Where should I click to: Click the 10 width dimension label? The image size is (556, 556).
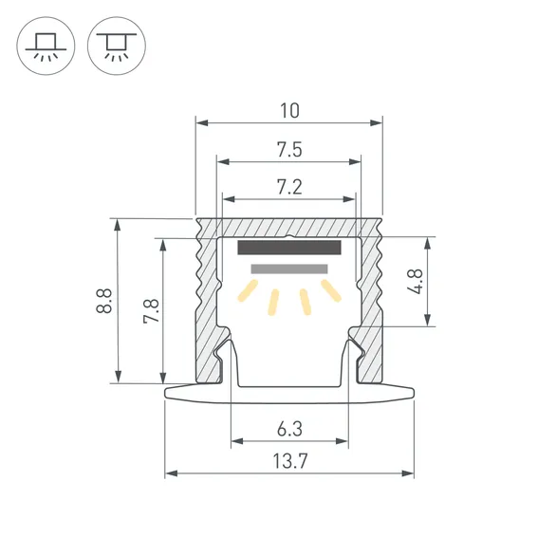(289, 110)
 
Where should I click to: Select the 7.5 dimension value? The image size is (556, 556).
(289, 150)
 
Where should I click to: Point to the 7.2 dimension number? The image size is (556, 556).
(289, 187)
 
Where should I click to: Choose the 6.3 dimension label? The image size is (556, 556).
(289, 429)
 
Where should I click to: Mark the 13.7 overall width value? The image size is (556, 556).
(289, 462)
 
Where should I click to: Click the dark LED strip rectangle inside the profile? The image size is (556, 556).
(288, 249)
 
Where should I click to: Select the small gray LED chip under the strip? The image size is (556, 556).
(282, 269)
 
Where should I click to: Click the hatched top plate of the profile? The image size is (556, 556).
(289, 228)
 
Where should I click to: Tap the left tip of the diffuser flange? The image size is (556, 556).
(168, 391)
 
